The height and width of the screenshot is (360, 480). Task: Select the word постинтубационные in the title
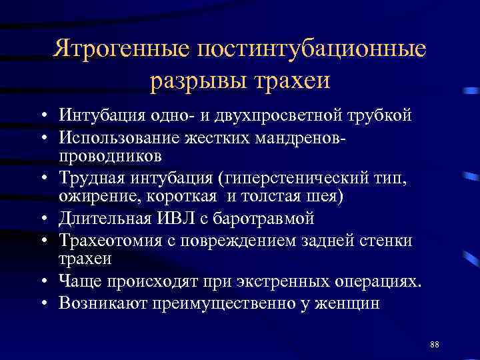[x=309, y=50]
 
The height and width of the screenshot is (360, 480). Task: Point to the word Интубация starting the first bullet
[x=101, y=115]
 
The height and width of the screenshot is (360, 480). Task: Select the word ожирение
[x=93, y=197]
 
